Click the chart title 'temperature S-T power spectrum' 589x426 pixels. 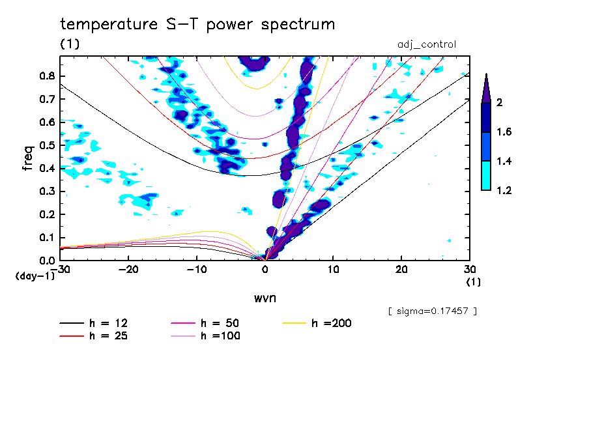197,25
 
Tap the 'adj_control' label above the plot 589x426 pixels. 427,44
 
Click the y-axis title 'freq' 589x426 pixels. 27,158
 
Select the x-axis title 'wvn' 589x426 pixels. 265,298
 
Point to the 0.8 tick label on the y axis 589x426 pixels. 46,76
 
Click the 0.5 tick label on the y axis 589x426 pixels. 46,145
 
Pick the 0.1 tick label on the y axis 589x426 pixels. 46,238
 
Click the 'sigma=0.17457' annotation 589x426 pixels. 432,311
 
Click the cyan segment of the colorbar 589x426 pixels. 486,176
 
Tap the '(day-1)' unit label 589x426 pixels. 34,276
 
